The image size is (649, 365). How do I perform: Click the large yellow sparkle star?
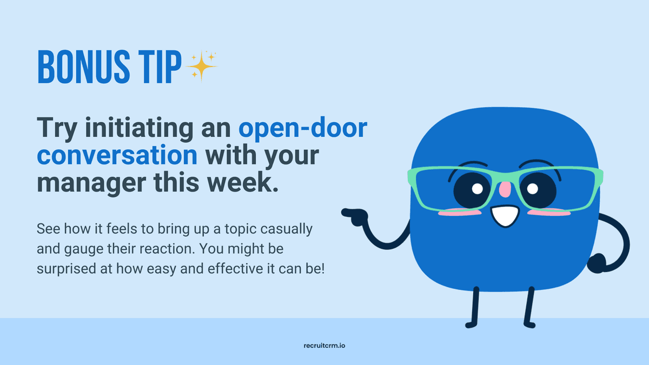pyautogui.click(x=201, y=67)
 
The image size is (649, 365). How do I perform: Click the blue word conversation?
pyautogui.click(x=117, y=156)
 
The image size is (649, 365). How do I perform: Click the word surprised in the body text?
pyautogui.click(x=64, y=268)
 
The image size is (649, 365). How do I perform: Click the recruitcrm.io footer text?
pyautogui.click(x=324, y=344)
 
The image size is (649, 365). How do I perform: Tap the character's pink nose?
pyautogui.click(x=504, y=190)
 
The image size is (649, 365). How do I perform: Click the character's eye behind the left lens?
pyautogui.click(x=472, y=189)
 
